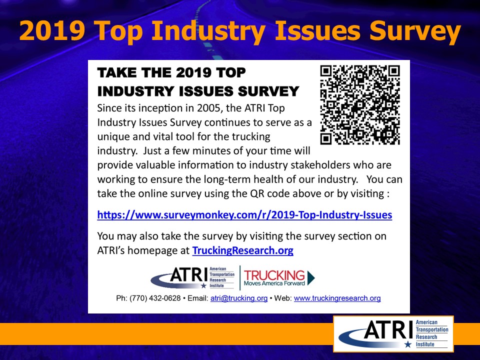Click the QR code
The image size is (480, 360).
tap(360, 104)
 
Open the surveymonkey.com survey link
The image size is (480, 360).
tap(244, 215)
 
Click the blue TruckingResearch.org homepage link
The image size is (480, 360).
tap(243, 250)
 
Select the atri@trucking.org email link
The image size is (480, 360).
tap(239, 298)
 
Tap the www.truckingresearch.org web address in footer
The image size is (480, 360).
tap(337, 298)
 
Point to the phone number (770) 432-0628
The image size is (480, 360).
tap(155, 298)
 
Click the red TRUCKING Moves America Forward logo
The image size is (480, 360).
tap(279, 277)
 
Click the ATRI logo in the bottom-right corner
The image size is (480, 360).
tap(393, 334)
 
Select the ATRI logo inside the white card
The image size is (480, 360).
tap(192, 277)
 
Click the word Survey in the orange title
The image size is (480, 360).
tap(415, 31)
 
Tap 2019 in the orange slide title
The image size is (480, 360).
tap(52, 30)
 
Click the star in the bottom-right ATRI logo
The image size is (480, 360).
tap(408, 344)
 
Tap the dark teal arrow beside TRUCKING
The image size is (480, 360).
tap(311, 277)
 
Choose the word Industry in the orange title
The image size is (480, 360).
tap(208, 31)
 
